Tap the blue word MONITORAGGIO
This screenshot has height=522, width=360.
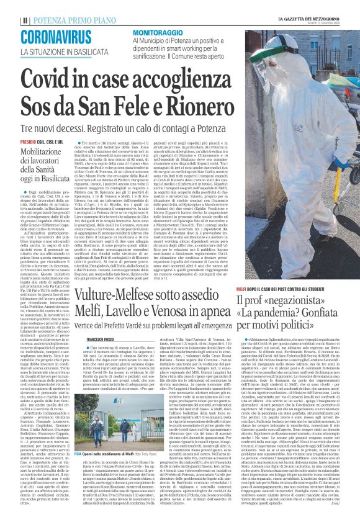click(158, 30)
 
